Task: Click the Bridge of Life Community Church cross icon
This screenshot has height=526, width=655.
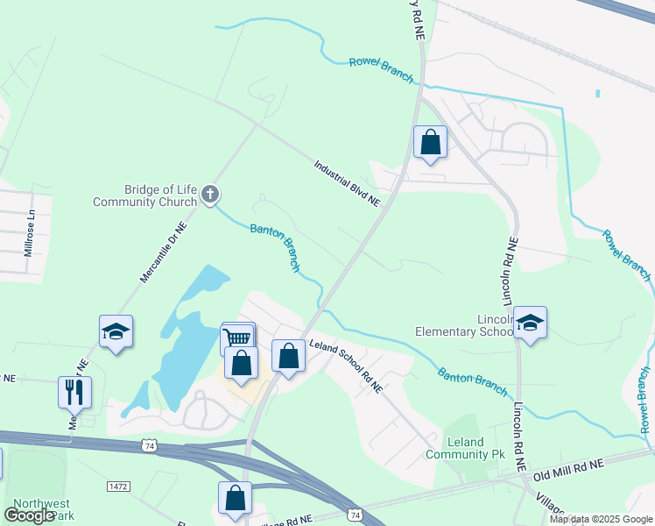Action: [x=209, y=195]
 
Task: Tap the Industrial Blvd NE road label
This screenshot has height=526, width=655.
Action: [x=348, y=183]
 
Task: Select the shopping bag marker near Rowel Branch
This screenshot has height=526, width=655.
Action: [x=430, y=143]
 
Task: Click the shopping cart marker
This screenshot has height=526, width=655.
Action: [x=237, y=338]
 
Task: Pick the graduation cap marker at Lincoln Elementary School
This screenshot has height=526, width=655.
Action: [x=530, y=323]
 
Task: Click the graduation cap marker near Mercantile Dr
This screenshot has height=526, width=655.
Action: [x=116, y=332]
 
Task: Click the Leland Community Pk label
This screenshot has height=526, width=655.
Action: [x=454, y=448]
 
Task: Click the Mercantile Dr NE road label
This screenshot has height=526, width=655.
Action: [x=165, y=252]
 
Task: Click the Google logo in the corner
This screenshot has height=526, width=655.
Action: [x=30, y=515]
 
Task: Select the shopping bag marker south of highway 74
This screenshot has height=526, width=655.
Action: [x=236, y=498]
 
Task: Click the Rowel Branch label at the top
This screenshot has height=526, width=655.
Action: [x=381, y=69]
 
